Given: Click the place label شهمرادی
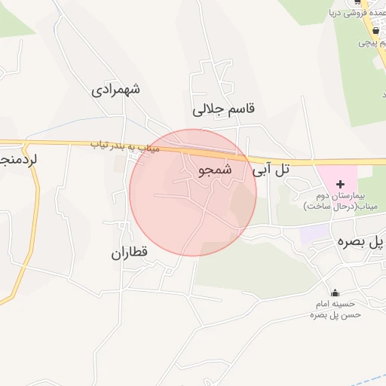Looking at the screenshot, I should (116, 90).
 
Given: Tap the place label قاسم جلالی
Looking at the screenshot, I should (224, 109).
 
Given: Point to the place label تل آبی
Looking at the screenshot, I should (271, 170).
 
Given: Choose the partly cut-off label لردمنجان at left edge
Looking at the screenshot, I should (17, 160).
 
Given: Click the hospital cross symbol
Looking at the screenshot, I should (340, 184).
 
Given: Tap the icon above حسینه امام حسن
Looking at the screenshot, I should (335, 293).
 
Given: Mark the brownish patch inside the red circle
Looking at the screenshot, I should (241, 202).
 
